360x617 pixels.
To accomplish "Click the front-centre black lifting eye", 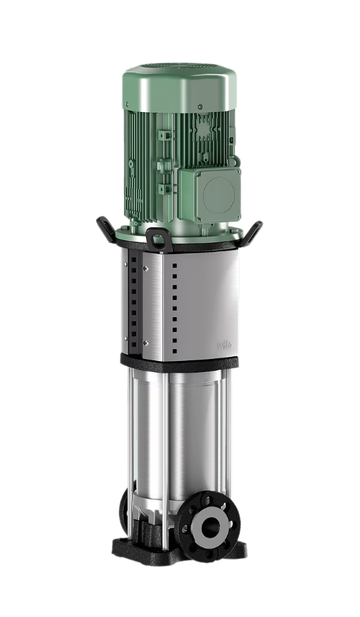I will pyautogui.click(x=156, y=237).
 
